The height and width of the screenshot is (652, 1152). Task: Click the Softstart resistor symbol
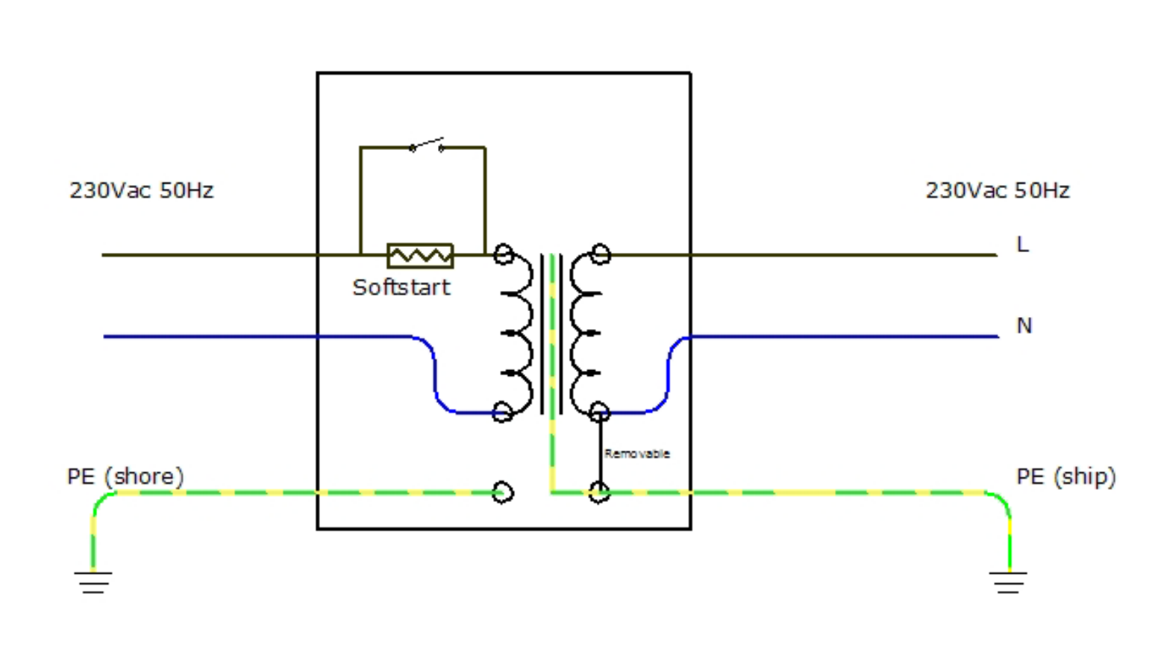click(x=420, y=256)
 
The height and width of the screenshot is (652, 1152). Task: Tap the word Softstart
click(x=401, y=287)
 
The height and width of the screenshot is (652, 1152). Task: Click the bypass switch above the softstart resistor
click(x=427, y=145)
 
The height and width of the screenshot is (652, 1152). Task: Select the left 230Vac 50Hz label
click(x=142, y=191)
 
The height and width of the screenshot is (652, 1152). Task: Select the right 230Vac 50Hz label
click(x=998, y=191)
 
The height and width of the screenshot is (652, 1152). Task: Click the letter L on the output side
click(x=1022, y=244)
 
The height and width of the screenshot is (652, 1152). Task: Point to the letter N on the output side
click(x=1024, y=325)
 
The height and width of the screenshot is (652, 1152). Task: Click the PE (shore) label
click(x=125, y=477)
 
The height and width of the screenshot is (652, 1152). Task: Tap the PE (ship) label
click(x=1066, y=477)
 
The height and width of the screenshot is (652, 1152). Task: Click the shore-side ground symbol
click(x=93, y=582)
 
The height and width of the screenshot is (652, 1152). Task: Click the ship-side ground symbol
click(x=1009, y=582)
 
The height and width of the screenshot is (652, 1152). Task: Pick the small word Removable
click(x=636, y=454)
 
